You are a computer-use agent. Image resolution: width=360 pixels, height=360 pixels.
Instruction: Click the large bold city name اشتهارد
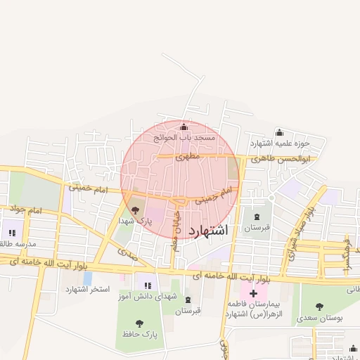tap(210, 230)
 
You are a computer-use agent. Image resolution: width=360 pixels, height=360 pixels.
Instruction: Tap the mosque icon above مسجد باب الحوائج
tap(184, 127)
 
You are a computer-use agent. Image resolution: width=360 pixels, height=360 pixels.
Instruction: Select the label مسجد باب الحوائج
tap(184, 139)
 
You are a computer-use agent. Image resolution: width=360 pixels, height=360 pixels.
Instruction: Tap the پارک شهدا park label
tap(135, 221)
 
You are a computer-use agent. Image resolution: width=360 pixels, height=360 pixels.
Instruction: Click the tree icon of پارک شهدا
tap(135, 210)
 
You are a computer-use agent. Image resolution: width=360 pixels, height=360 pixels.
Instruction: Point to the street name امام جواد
tap(27, 210)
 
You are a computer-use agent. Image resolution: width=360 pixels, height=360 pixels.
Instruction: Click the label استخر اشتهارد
tap(88, 290)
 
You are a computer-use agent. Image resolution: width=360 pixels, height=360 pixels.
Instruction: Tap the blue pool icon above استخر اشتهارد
tap(87, 277)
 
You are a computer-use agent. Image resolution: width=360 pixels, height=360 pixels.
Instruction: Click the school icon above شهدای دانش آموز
tap(147, 285)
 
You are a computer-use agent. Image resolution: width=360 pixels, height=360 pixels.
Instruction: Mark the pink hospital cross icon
tap(253, 290)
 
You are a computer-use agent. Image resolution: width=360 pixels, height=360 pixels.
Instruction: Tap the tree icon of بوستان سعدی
tap(320, 307)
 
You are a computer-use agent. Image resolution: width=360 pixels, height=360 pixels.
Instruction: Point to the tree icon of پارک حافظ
tap(139, 323)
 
